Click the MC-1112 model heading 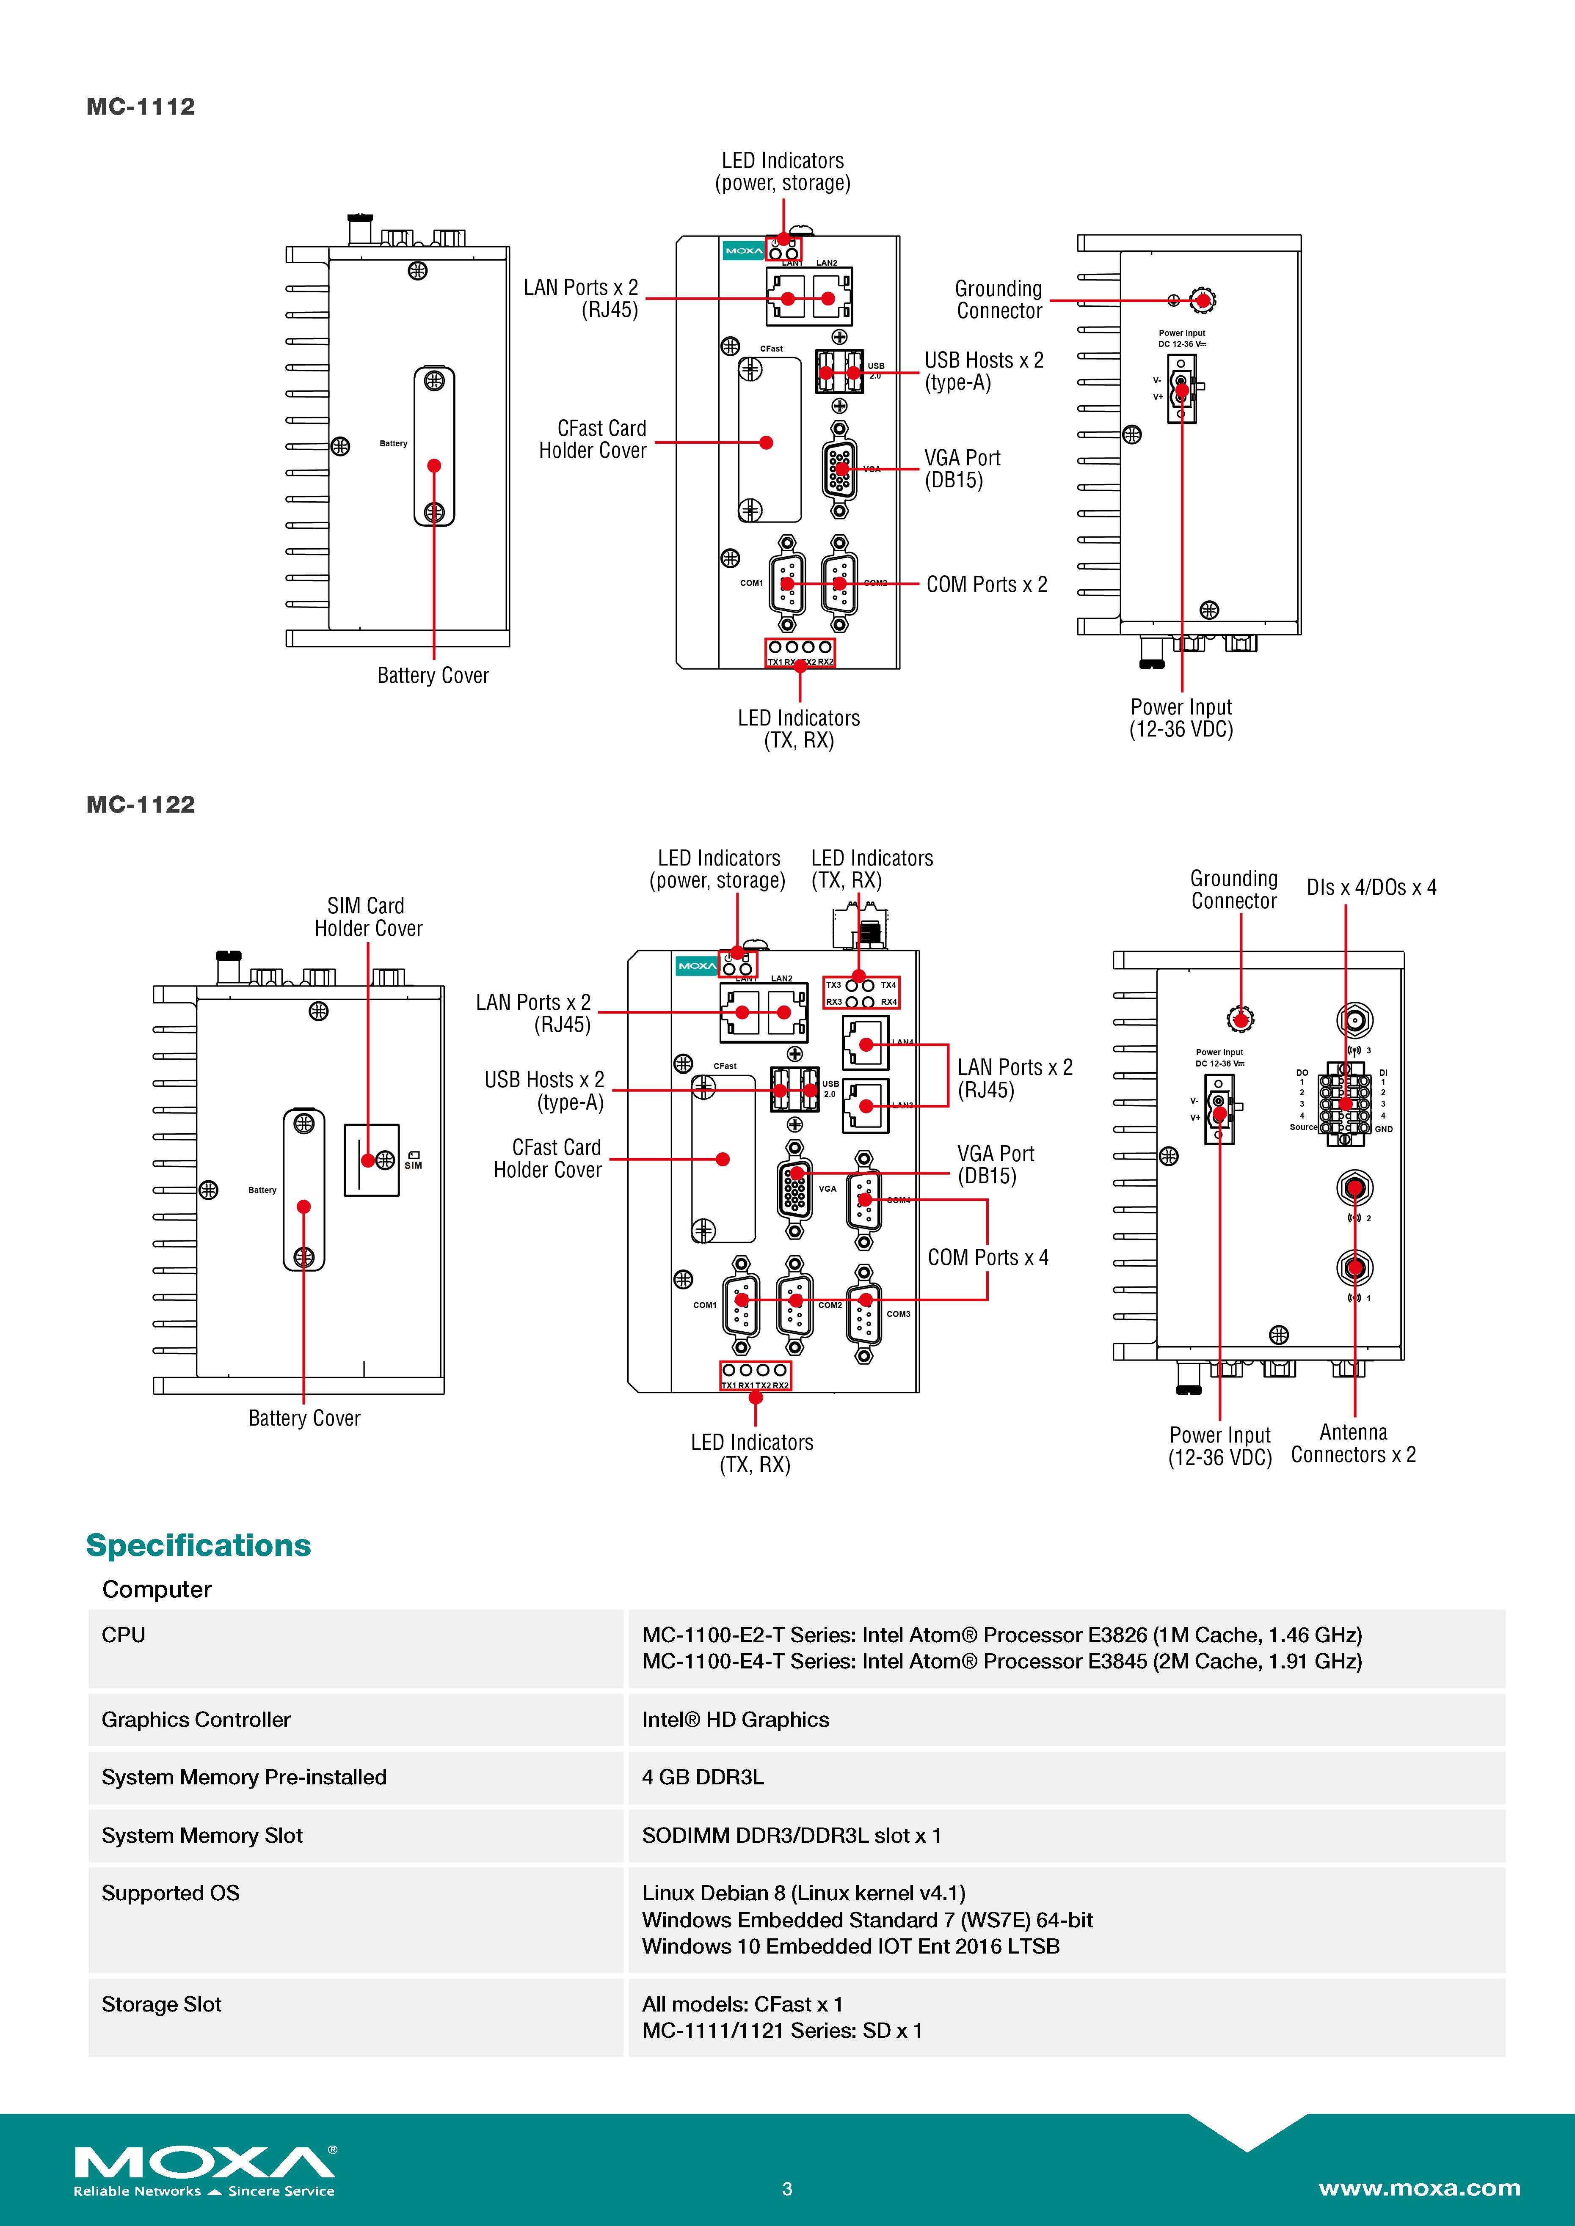pyautogui.click(x=141, y=107)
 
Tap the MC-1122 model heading pyautogui.click(x=141, y=805)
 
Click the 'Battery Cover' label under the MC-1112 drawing pyautogui.click(x=433, y=676)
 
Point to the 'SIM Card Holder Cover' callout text pyautogui.click(x=367, y=917)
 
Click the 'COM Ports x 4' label pyautogui.click(x=987, y=1257)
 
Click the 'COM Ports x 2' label pyautogui.click(x=986, y=585)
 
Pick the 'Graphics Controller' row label pyautogui.click(x=196, y=1720)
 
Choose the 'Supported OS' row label pyautogui.click(x=171, y=1893)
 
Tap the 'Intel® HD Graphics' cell pyautogui.click(x=735, y=1720)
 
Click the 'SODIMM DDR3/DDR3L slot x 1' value pyautogui.click(x=792, y=1835)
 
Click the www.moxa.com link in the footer pyautogui.click(x=1419, y=2188)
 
